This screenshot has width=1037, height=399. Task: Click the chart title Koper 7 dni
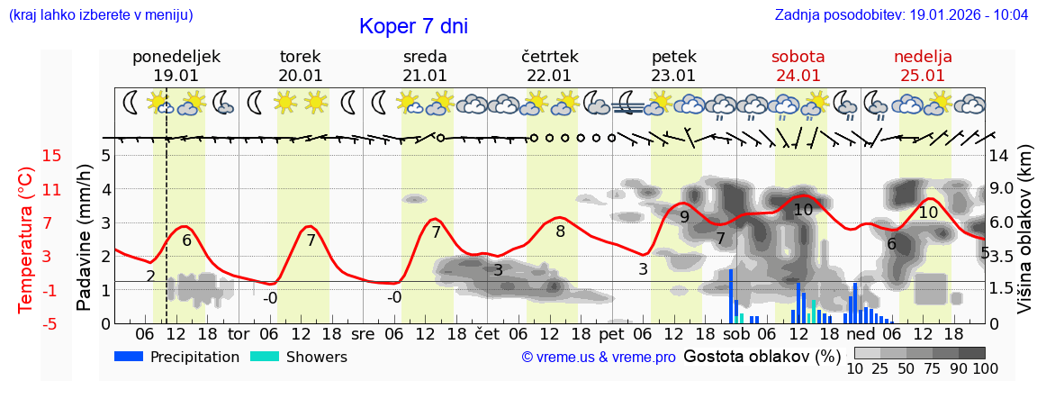pyautogui.click(x=413, y=26)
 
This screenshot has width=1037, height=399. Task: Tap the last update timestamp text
pyautogui.click(x=901, y=15)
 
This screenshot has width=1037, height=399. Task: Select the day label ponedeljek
pyautogui.click(x=176, y=57)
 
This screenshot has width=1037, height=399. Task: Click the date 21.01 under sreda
pyautogui.click(x=425, y=76)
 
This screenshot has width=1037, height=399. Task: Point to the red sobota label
pyautogui.click(x=798, y=57)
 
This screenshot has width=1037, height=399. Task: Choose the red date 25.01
pyautogui.click(x=923, y=76)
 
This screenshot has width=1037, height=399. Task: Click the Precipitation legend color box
pyautogui.click(x=129, y=357)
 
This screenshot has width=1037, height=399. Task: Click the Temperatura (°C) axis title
pyautogui.click(x=26, y=240)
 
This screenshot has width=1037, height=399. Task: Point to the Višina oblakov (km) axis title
pyautogui.click(x=1024, y=240)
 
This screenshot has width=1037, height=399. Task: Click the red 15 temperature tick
pyautogui.click(x=51, y=156)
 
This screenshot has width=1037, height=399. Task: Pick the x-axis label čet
pyautogui.click(x=487, y=332)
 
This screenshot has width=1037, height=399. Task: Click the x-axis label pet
pyautogui.click(x=611, y=332)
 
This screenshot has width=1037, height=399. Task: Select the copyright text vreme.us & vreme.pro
pyautogui.click(x=599, y=358)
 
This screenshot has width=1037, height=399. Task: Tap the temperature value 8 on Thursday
pyautogui.click(x=560, y=231)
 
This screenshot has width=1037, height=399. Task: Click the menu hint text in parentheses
pyautogui.click(x=101, y=15)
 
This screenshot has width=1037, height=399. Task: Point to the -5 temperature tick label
pyautogui.click(x=51, y=323)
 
